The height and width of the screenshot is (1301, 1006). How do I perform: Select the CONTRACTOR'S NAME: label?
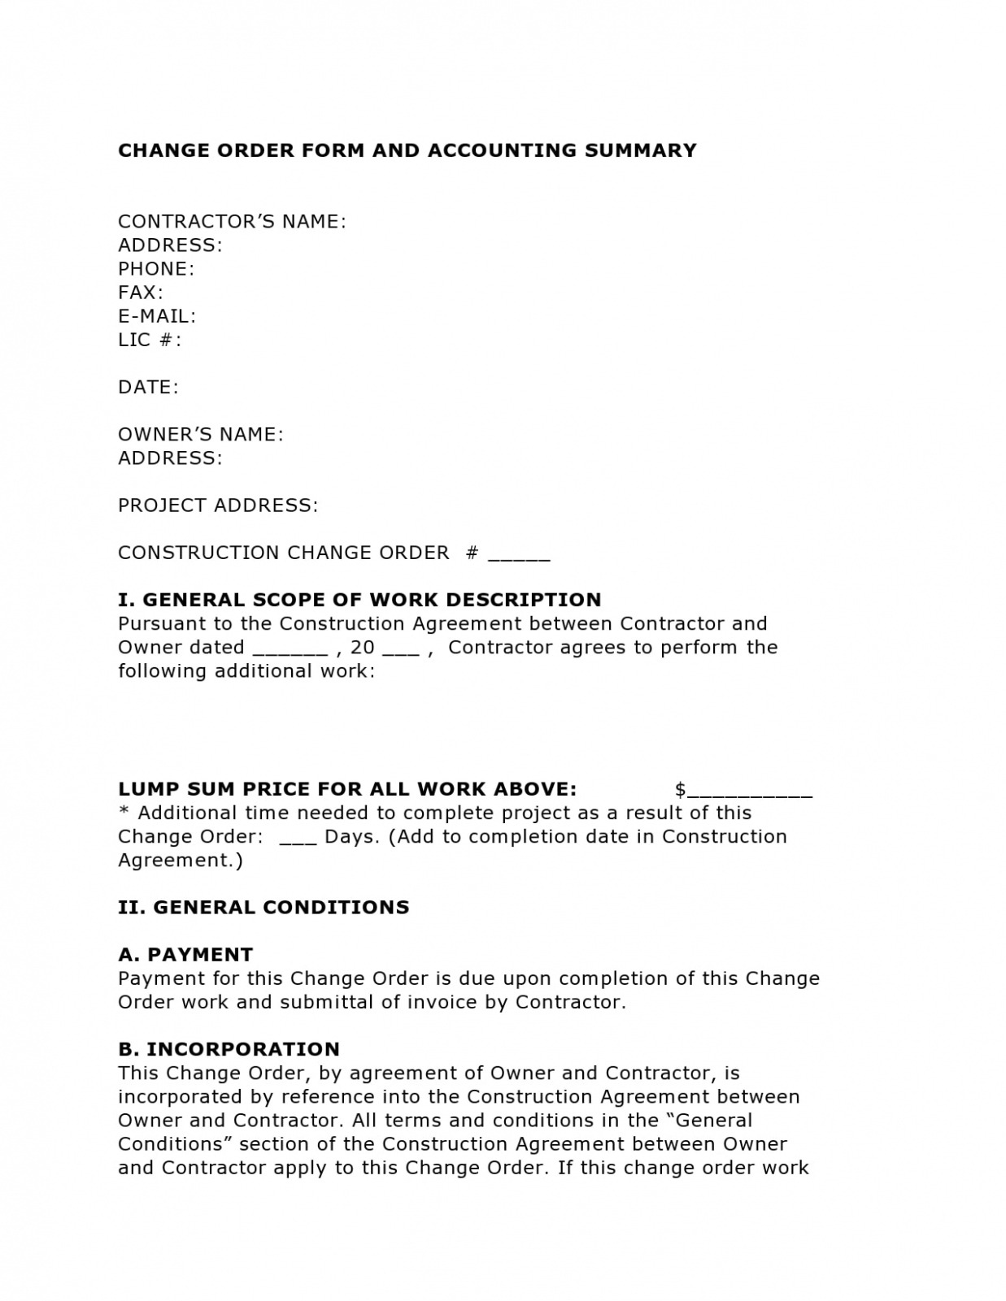click(x=232, y=222)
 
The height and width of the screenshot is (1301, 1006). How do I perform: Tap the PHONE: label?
click(x=156, y=269)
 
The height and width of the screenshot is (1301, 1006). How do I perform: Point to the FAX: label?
click(x=141, y=293)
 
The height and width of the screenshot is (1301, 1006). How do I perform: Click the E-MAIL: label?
click(x=157, y=316)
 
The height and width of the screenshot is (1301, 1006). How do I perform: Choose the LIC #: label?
click(x=150, y=340)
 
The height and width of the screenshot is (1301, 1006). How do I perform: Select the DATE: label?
click(x=148, y=388)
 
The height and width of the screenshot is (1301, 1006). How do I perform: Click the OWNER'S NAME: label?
click(x=201, y=435)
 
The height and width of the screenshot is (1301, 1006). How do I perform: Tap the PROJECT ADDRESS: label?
click(x=218, y=505)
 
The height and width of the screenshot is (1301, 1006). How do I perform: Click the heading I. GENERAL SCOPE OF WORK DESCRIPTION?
click(x=359, y=600)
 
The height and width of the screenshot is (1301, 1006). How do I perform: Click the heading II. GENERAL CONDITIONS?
click(x=263, y=908)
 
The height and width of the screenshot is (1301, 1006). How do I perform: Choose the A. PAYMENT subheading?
click(x=185, y=955)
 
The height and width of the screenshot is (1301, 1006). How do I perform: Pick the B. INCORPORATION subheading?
click(x=229, y=1049)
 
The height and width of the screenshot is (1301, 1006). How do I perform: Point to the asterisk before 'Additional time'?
click(x=124, y=812)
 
